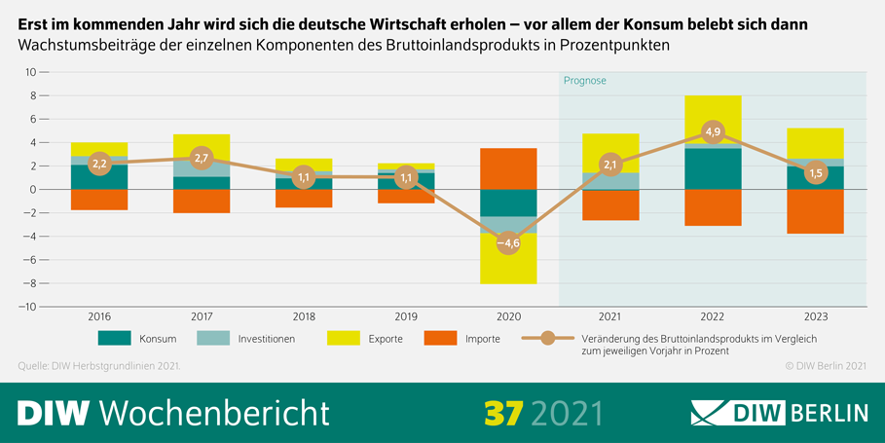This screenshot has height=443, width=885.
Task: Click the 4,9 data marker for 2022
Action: (712, 132)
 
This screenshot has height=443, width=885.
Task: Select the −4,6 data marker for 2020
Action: (508, 242)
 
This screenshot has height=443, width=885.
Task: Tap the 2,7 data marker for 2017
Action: (202, 158)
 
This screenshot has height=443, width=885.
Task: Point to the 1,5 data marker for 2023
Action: (814, 172)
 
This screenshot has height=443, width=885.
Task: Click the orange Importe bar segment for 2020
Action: (508, 168)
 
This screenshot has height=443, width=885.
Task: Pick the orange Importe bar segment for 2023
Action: (814, 211)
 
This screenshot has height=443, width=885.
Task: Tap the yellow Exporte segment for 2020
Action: (508, 263)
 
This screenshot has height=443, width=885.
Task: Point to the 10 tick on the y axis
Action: (30, 72)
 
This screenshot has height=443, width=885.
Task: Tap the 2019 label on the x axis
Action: (405, 316)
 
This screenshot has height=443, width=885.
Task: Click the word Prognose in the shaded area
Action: (584, 81)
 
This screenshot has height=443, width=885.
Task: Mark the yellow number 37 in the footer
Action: (504, 411)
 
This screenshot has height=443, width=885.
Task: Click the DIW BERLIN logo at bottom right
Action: (779, 412)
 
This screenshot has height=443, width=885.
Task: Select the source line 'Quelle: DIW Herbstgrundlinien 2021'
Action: (99, 366)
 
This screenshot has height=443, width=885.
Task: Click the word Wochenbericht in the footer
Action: (214, 412)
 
